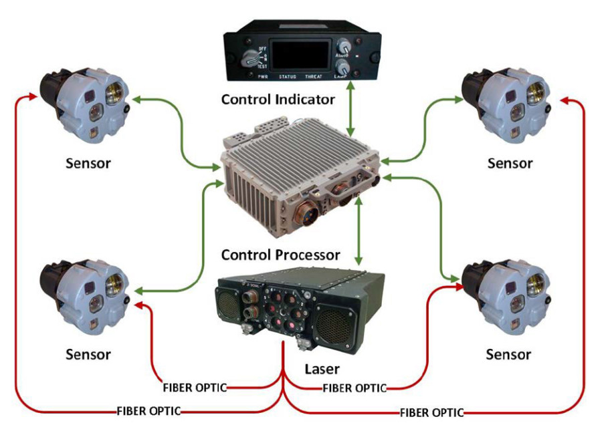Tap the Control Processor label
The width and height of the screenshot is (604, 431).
280,255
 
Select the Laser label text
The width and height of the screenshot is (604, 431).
322,369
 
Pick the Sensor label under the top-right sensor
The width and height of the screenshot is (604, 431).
510,162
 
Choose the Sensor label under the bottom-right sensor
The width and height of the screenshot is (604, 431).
509,353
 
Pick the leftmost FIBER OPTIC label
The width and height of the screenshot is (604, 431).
148,411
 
